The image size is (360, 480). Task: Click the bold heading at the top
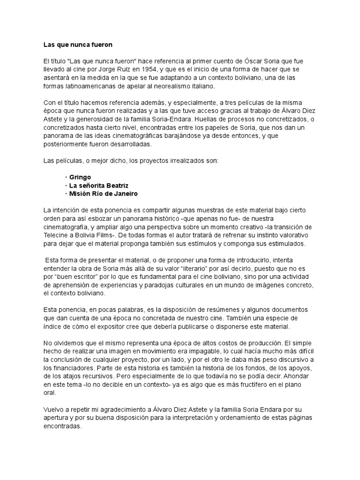click(78, 45)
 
